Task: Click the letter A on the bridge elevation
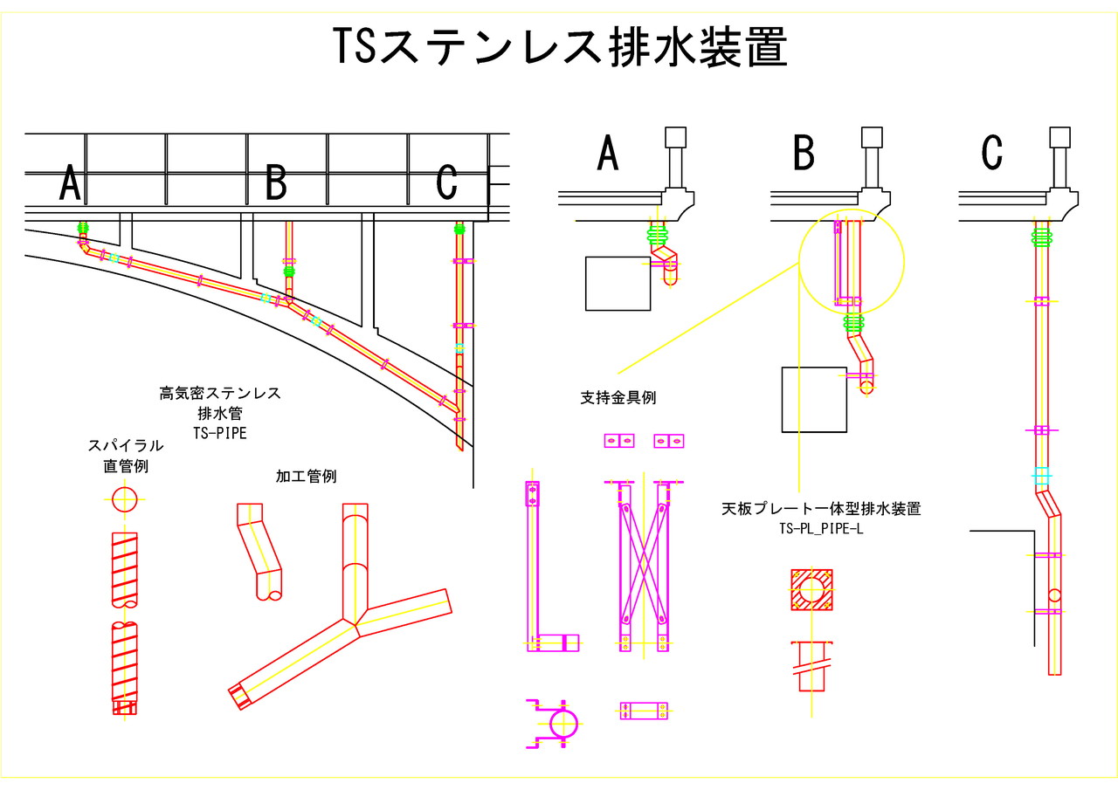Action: click(x=70, y=184)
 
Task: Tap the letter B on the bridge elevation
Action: click(x=276, y=184)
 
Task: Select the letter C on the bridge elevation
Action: click(x=446, y=184)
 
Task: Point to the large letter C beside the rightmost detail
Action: click(x=991, y=154)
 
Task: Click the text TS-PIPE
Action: click(x=219, y=430)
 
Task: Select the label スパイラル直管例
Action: click(x=125, y=456)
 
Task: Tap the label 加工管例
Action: click(x=306, y=477)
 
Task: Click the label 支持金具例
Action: click(x=618, y=398)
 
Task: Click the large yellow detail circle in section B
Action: click(x=852, y=261)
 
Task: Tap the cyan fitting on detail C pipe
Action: click(x=1039, y=477)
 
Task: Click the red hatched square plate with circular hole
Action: click(x=812, y=591)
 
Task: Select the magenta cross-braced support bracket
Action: click(x=642, y=565)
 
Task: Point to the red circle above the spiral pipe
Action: click(x=125, y=499)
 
